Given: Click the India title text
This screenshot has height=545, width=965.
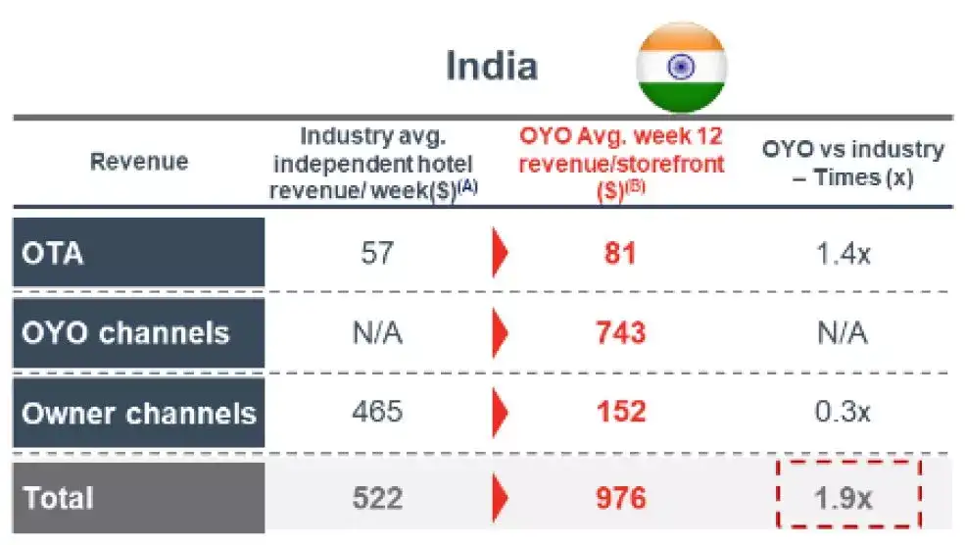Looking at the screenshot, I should [492, 66].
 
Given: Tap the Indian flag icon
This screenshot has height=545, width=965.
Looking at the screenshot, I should [681, 67].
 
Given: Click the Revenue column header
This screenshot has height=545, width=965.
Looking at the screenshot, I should [139, 162].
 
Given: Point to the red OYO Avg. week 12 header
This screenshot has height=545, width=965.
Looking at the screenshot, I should [620, 162].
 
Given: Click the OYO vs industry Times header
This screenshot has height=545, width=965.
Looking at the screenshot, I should [853, 162].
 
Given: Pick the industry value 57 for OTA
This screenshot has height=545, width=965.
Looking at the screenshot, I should [377, 254].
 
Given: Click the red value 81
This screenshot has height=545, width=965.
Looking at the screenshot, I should [620, 254].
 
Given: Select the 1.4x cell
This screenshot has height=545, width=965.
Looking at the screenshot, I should [844, 254].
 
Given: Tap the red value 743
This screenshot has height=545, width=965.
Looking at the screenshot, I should [620, 332].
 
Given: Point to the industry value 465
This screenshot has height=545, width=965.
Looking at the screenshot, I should [377, 412].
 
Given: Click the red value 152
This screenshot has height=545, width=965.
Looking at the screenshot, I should [620, 412].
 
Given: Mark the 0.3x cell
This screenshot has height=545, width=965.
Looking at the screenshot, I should [844, 412].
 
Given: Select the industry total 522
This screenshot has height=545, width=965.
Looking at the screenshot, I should [377, 498].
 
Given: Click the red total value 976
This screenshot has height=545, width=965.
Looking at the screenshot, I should [620, 498].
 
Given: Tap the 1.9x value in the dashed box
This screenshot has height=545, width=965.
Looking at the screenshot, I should [844, 498].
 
